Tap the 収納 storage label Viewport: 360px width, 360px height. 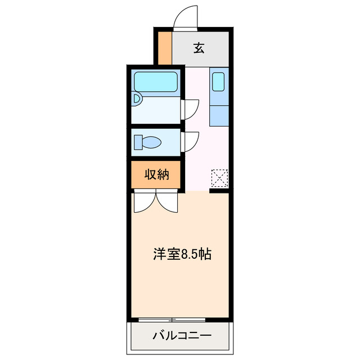[x=157, y=174]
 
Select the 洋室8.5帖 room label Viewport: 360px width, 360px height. [x=182, y=254]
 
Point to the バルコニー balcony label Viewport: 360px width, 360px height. [x=182, y=336]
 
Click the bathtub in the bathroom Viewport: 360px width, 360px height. [x=156, y=82]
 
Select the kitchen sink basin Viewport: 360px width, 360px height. [x=219, y=82]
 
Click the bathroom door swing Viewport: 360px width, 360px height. [x=191, y=109]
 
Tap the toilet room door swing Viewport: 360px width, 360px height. [x=191, y=140]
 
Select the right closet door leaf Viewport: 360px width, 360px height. [x=169, y=202]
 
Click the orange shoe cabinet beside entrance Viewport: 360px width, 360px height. [x=164, y=48]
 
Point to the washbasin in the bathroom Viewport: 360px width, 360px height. [x=136, y=100]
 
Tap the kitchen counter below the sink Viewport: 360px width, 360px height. [x=219, y=110]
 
